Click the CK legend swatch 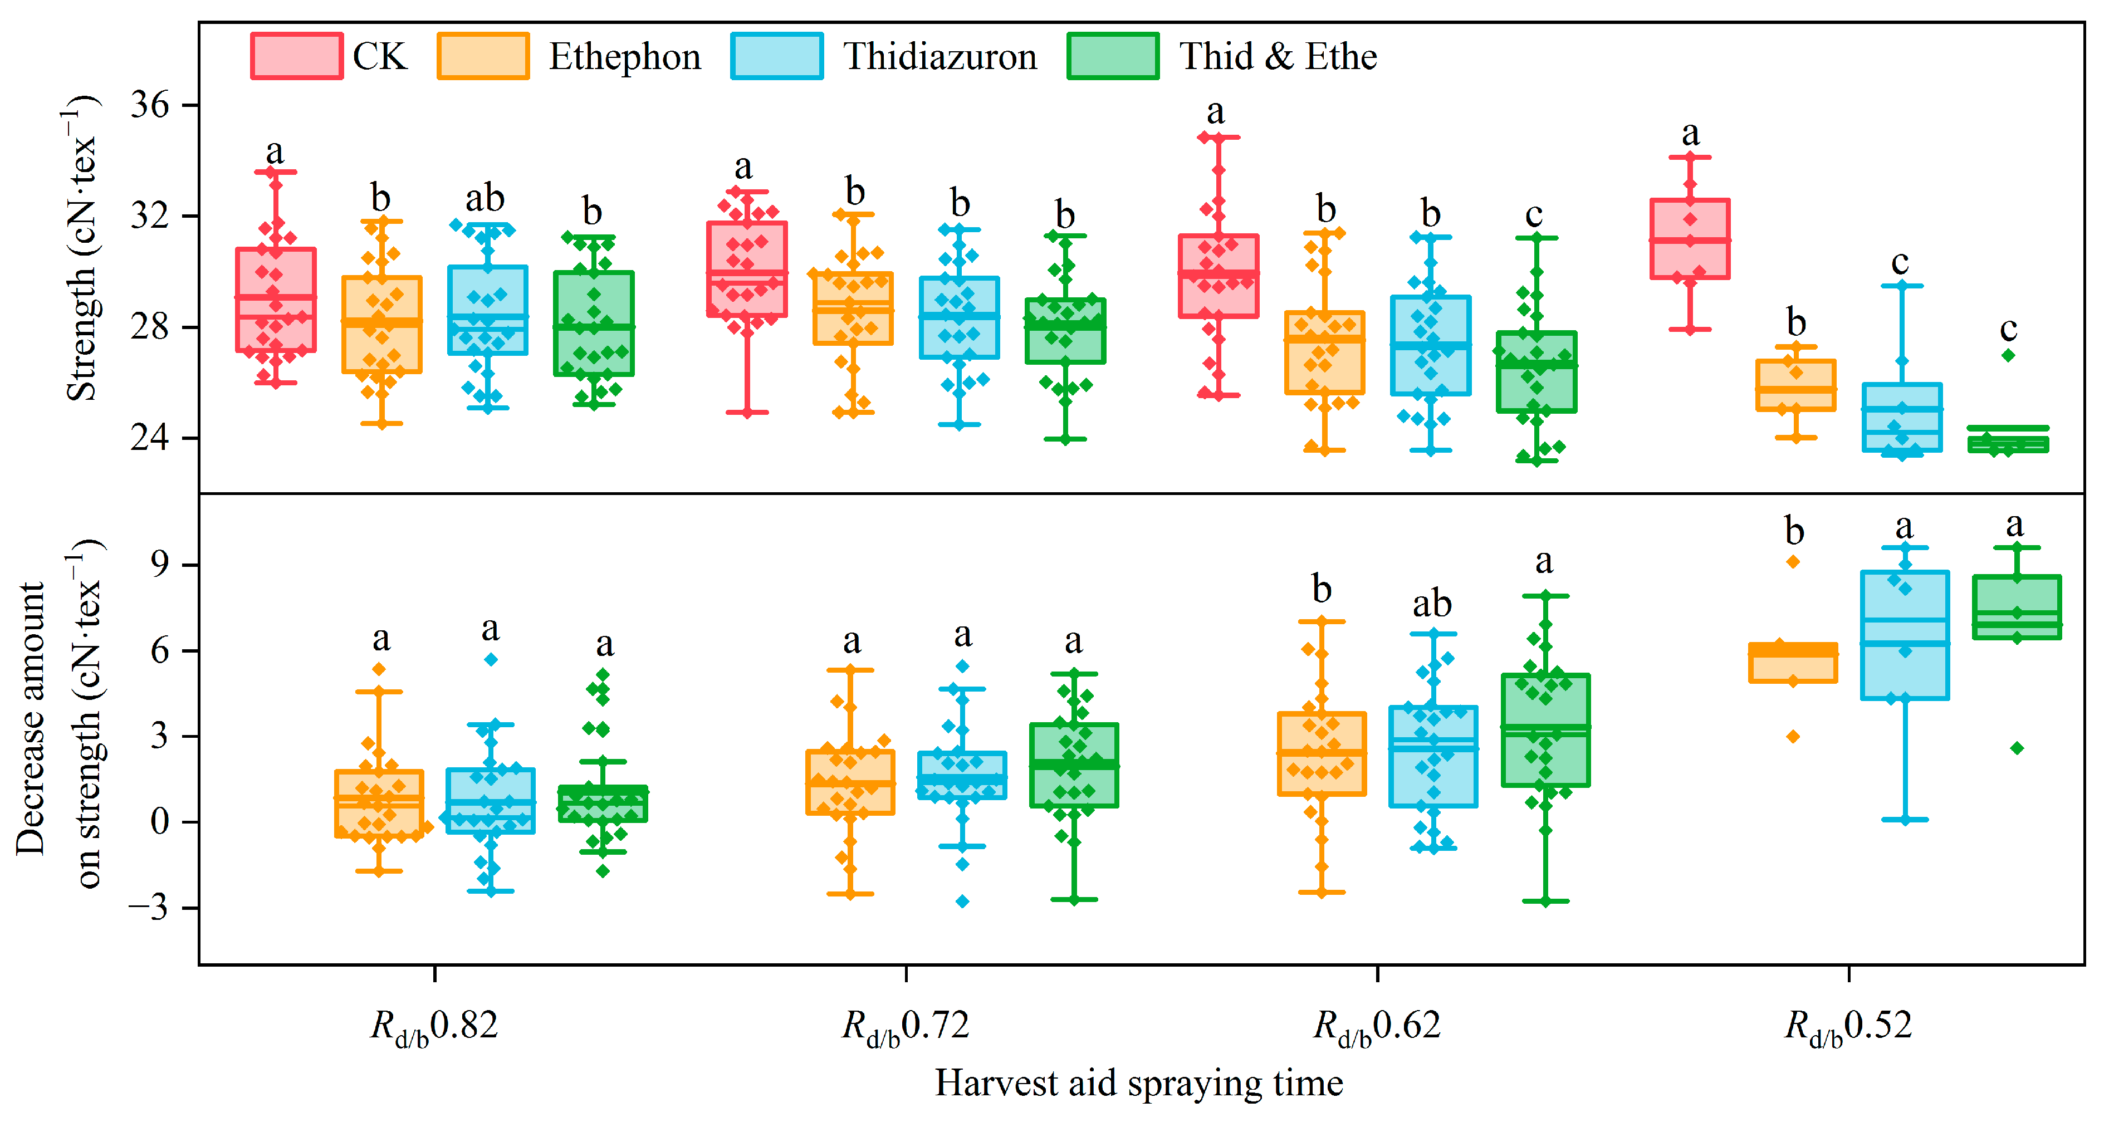click(296, 56)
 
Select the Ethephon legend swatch click(483, 56)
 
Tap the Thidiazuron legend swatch click(776, 56)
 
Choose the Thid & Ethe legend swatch click(1113, 56)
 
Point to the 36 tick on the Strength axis click(150, 106)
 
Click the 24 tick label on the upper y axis click(150, 438)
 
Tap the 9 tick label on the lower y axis click(160, 565)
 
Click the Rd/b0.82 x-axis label click(434, 1026)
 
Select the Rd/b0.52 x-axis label click(1848, 1026)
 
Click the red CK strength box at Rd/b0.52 click(1690, 239)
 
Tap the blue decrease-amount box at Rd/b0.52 click(1904, 635)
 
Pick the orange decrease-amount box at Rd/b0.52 click(1793, 663)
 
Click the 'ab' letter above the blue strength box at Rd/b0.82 click(485, 199)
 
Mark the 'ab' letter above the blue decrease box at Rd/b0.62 click(1432, 605)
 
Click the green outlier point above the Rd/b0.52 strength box click(2008, 355)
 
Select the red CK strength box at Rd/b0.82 click(276, 300)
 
